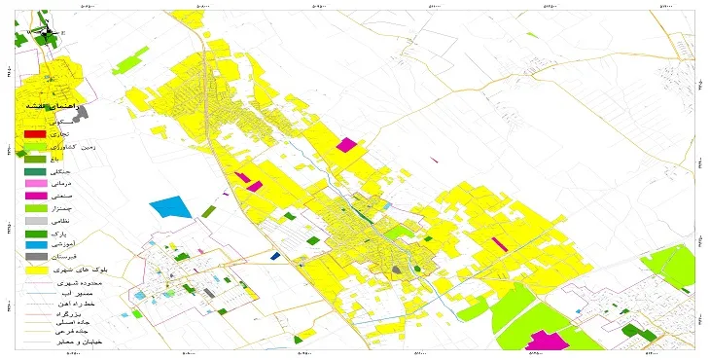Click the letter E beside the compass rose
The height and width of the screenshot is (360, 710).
point(62,33)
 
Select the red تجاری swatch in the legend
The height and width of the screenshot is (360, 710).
point(34,132)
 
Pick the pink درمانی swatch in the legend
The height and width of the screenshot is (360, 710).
point(34,183)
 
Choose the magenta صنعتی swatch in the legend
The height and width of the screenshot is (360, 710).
point(34,196)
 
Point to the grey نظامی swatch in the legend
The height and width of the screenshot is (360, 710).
point(34,222)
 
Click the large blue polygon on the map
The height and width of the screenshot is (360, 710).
point(169,208)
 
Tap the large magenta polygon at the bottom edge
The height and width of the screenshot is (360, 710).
point(548,341)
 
